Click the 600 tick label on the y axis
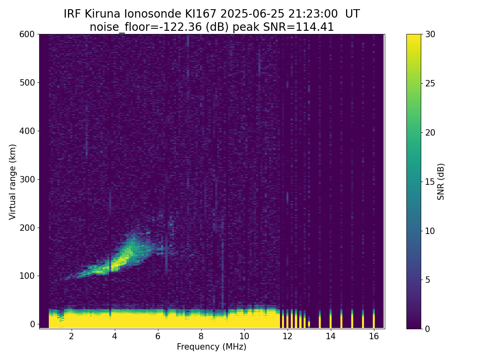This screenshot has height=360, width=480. click(x=27, y=34)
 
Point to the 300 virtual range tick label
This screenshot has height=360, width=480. click(x=27, y=180)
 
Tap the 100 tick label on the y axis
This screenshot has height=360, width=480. click(x=27, y=276)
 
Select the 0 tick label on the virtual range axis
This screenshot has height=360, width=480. click(x=32, y=324)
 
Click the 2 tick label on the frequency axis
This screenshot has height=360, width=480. click(x=72, y=336)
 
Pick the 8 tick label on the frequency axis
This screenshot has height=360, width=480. click(x=201, y=336)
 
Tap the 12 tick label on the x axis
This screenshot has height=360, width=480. click(x=288, y=336)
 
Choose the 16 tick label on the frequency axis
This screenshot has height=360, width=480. click(x=374, y=336)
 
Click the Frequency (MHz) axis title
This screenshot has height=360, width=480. click(x=212, y=347)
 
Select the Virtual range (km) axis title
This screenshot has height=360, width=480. click(x=12, y=182)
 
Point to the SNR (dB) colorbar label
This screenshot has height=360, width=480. click(x=441, y=182)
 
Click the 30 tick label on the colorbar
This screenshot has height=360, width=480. click(x=430, y=34)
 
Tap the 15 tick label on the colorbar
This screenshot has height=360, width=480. click(x=430, y=182)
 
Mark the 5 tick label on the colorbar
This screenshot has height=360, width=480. click(x=428, y=280)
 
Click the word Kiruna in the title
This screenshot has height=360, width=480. click(x=102, y=14)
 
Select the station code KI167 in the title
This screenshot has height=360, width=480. click(x=201, y=14)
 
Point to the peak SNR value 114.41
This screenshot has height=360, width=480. click(x=314, y=27)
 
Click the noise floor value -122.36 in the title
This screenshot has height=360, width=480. click(x=182, y=27)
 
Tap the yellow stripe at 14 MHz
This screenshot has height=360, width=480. click(x=331, y=319)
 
